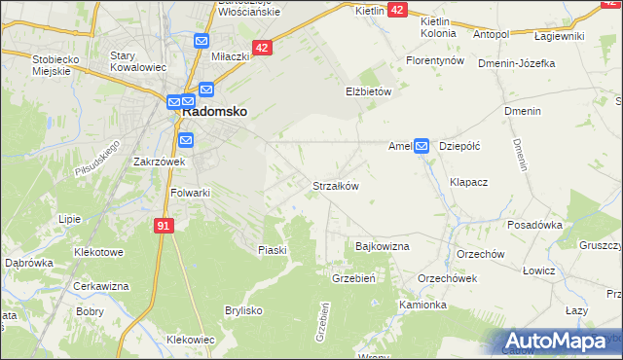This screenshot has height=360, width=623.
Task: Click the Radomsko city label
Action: (214, 112)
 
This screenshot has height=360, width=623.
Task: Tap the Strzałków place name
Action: (336, 186)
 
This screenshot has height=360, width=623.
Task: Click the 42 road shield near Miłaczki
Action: (262, 47)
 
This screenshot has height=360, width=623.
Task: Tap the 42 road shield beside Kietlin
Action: (397, 9)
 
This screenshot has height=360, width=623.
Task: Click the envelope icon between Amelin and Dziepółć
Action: (421, 146)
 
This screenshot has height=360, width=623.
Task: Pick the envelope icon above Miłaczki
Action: (202, 41)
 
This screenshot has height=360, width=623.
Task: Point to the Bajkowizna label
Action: (383, 246)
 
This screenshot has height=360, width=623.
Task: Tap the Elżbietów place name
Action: (368, 91)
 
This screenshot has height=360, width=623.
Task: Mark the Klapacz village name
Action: (468, 182)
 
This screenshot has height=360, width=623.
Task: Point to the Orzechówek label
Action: (447, 277)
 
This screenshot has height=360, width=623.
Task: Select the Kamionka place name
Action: (422, 305)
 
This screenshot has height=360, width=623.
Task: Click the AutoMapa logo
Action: (554, 342)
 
